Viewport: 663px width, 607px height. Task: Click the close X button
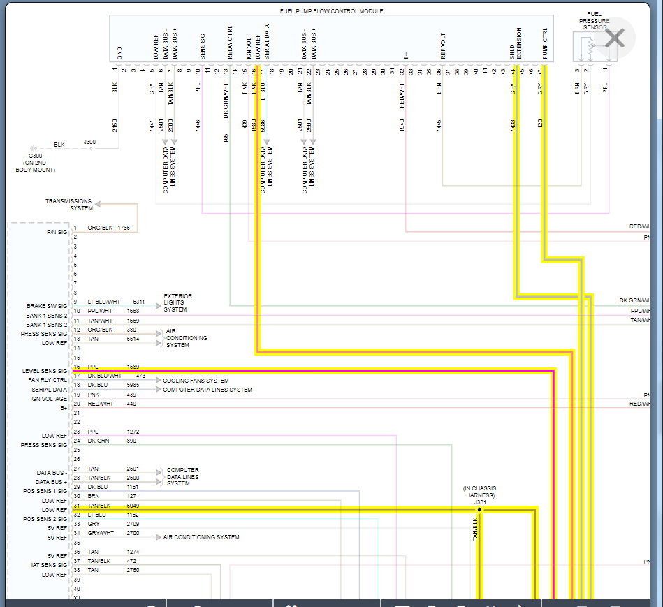click(x=614, y=38)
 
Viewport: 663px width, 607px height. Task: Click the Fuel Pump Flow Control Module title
click(x=331, y=11)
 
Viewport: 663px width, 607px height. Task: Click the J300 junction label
click(x=89, y=142)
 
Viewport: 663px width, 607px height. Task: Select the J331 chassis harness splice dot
click(x=479, y=510)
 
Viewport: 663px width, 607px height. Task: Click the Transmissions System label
click(x=69, y=205)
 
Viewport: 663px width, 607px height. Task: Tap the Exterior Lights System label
click(x=178, y=302)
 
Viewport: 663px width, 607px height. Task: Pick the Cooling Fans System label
click(x=196, y=381)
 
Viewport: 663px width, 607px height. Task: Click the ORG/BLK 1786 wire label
click(x=108, y=228)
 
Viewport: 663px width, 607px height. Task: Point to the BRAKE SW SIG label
click(x=47, y=306)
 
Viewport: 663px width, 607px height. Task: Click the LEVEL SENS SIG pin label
click(x=45, y=371)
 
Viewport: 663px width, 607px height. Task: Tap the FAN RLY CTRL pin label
click(x=48, y=380)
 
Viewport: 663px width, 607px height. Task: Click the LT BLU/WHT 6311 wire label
click(x=115, y=302)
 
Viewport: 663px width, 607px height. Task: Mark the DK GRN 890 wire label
click(x=112, y=441)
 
